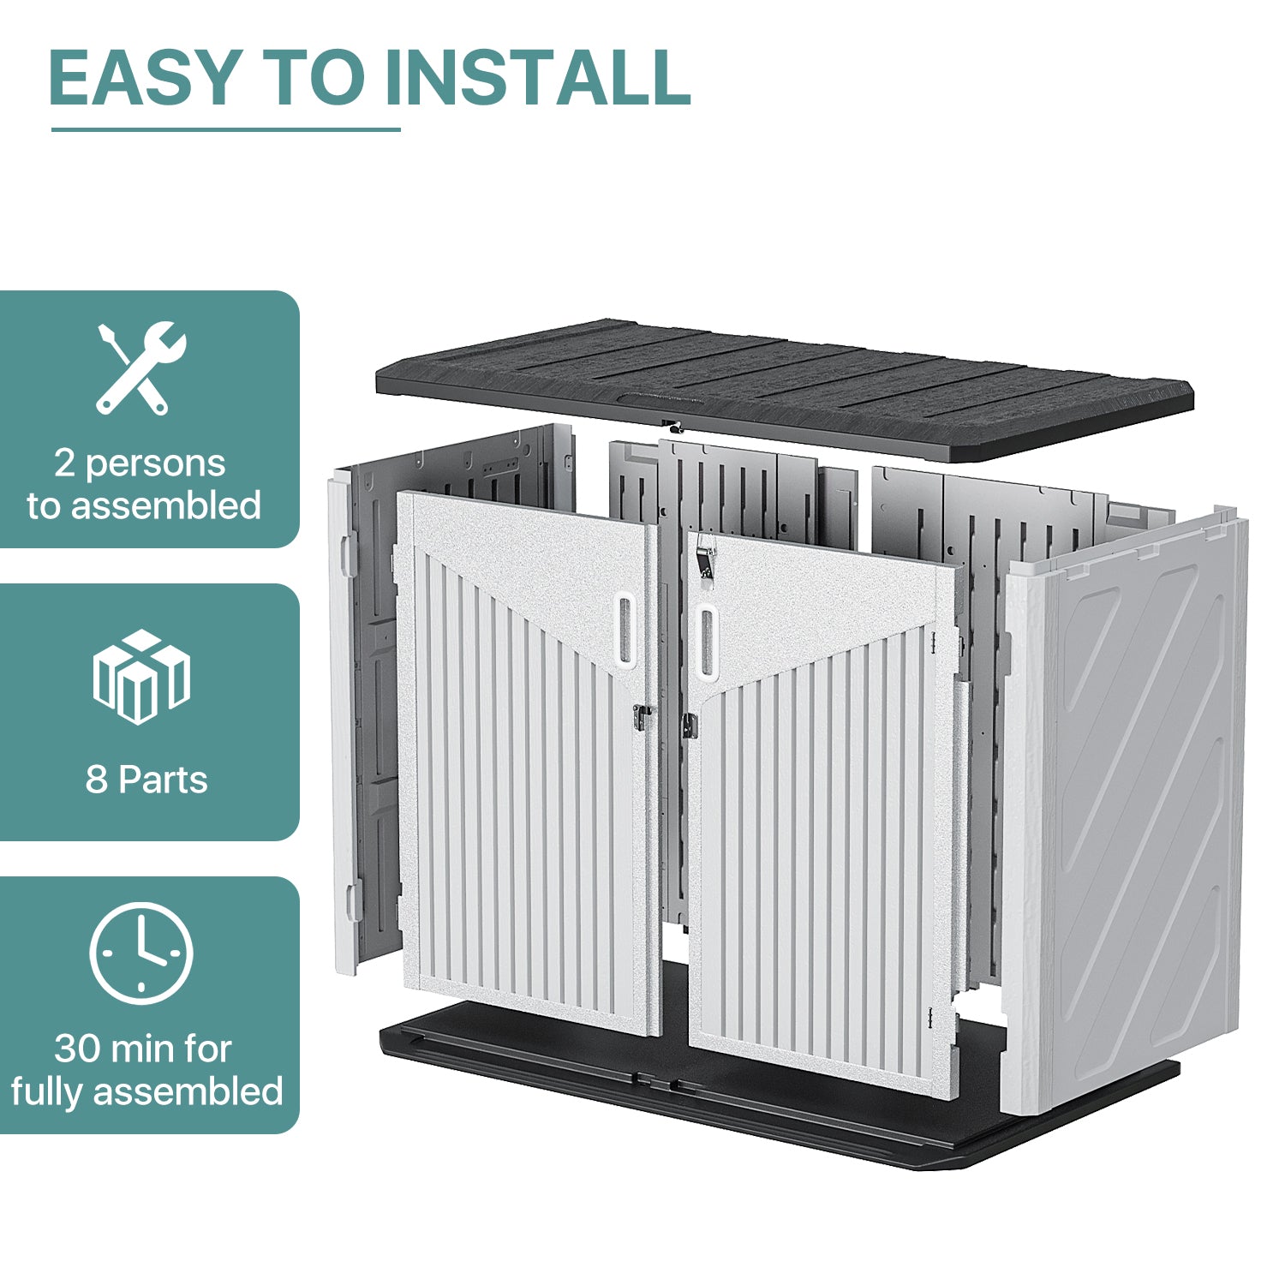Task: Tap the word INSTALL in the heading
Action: [537, 78]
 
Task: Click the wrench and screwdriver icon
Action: [140, 368]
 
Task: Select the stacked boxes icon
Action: [141, 677]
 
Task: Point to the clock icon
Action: [141, 953]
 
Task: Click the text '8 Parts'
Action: [146, 780]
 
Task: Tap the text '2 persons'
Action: [140, 463]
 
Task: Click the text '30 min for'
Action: [143, 1049]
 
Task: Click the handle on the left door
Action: [625, 630]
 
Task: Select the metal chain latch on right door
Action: [705, 553]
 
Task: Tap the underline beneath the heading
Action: [225, 129]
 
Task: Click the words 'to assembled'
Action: [144, 506]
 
